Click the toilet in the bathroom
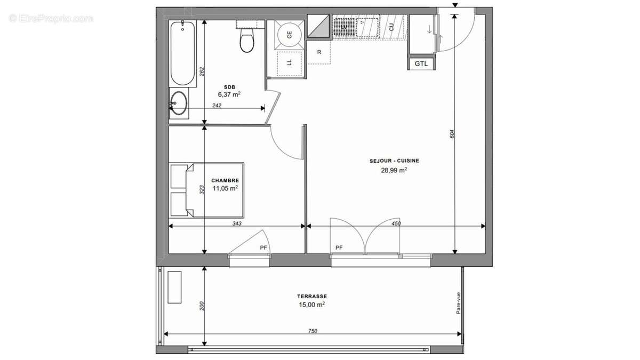247,41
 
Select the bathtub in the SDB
182,53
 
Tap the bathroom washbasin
178,103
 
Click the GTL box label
421,63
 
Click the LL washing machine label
290,62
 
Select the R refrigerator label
319,52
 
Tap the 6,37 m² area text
229,94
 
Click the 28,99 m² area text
395,170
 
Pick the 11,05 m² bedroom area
225,188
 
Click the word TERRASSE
312,297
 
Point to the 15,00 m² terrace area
312,305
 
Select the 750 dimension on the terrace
313,331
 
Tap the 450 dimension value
396,223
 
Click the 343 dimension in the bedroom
237,223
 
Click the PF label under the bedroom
263,247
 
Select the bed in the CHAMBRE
207,190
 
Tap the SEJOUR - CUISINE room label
394,161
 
